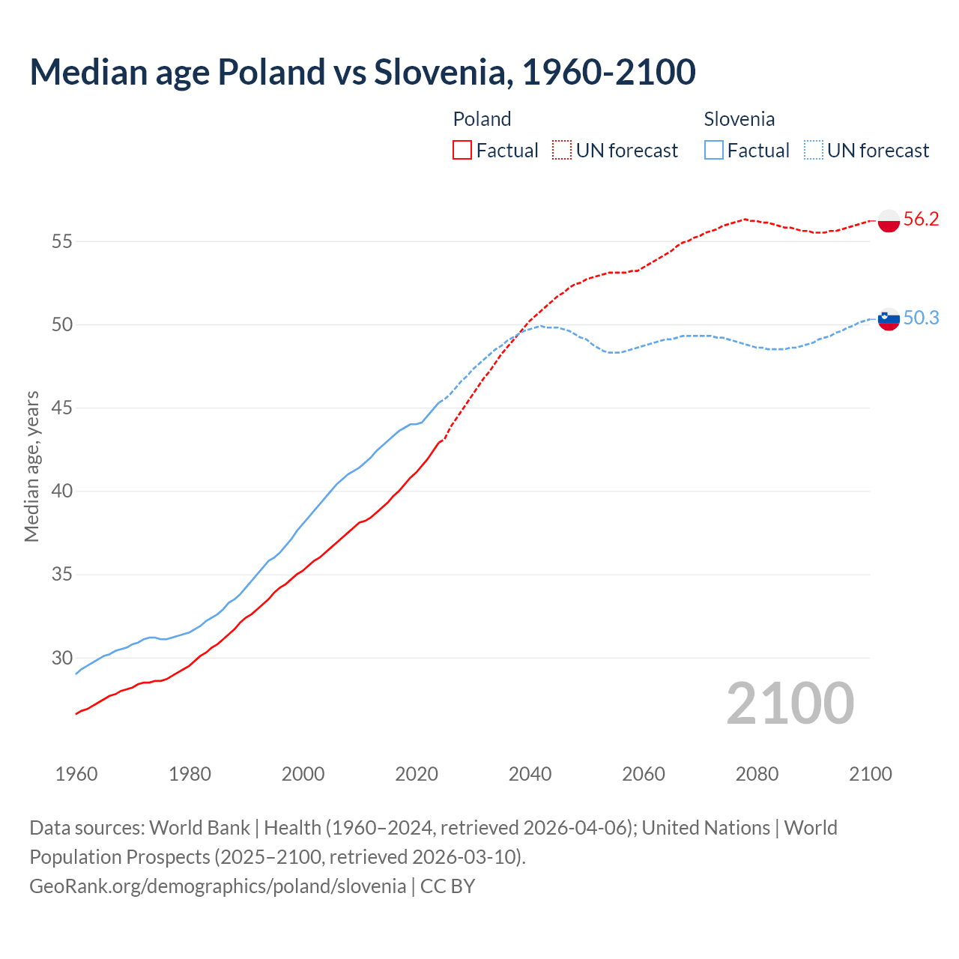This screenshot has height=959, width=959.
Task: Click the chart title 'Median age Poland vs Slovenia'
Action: [x=363, y=73]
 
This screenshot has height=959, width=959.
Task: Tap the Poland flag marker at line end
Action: [x=889, y=221]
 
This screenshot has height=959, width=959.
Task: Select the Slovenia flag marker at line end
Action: [x=889, y=319]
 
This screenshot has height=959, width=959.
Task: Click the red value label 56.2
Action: [x=921, y=220]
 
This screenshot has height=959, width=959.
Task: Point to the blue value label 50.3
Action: [x=921, y=318]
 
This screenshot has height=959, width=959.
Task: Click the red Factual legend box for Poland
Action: [x=462, y=151]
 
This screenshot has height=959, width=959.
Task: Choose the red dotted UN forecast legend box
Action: [x=562, y=151]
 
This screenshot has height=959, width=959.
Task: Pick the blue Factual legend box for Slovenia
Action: [x=714, y=151]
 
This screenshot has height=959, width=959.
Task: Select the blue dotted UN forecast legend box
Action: [x=814, y=151]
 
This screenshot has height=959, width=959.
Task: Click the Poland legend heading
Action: [x=482, y=119]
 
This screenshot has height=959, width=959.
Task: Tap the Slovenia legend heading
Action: [x=739, y=119]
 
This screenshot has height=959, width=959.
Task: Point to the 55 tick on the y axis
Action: [x=61, y=241]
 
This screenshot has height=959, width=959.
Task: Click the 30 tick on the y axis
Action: [x=61, y=658]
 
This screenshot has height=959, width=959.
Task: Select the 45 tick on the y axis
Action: [x=61, y=408]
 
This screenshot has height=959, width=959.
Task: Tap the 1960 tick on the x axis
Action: [x=76, y=774]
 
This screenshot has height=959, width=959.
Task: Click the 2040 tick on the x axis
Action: [x=530, y=774]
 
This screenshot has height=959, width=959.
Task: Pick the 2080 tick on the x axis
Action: [x=757, y=774]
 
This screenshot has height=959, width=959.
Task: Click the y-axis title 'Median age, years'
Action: [x=31, y=466]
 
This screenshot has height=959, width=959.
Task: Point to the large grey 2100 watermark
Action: [x=790, y=704]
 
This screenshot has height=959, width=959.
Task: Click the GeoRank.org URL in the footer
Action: [x=217, y=886]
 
